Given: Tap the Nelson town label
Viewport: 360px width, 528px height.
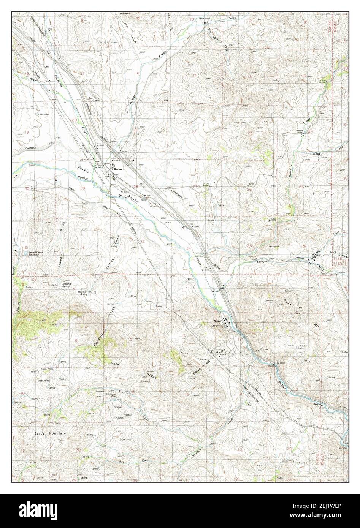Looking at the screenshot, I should [217, 320].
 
